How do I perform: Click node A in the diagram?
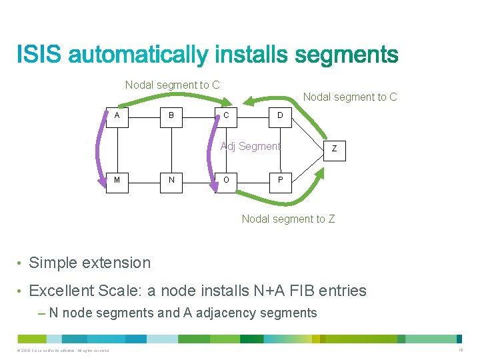(x=117, y=115)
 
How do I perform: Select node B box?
(x=171, y=115)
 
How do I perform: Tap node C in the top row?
(x=227, y=115)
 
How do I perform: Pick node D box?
(x=280, y=115)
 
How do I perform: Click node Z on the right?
(x=335, y=149)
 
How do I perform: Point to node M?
(x=117, y=179)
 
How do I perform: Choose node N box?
(x=171, y=179)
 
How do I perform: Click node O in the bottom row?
(x=227, y=179)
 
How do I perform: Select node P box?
(x=280, y=179)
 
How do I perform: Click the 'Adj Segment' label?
(x=251, y=146)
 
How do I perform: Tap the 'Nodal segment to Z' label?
(x=288, y=219)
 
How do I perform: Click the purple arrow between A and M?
(x=102, y=148)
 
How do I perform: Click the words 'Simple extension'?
(x=90, y=263)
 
